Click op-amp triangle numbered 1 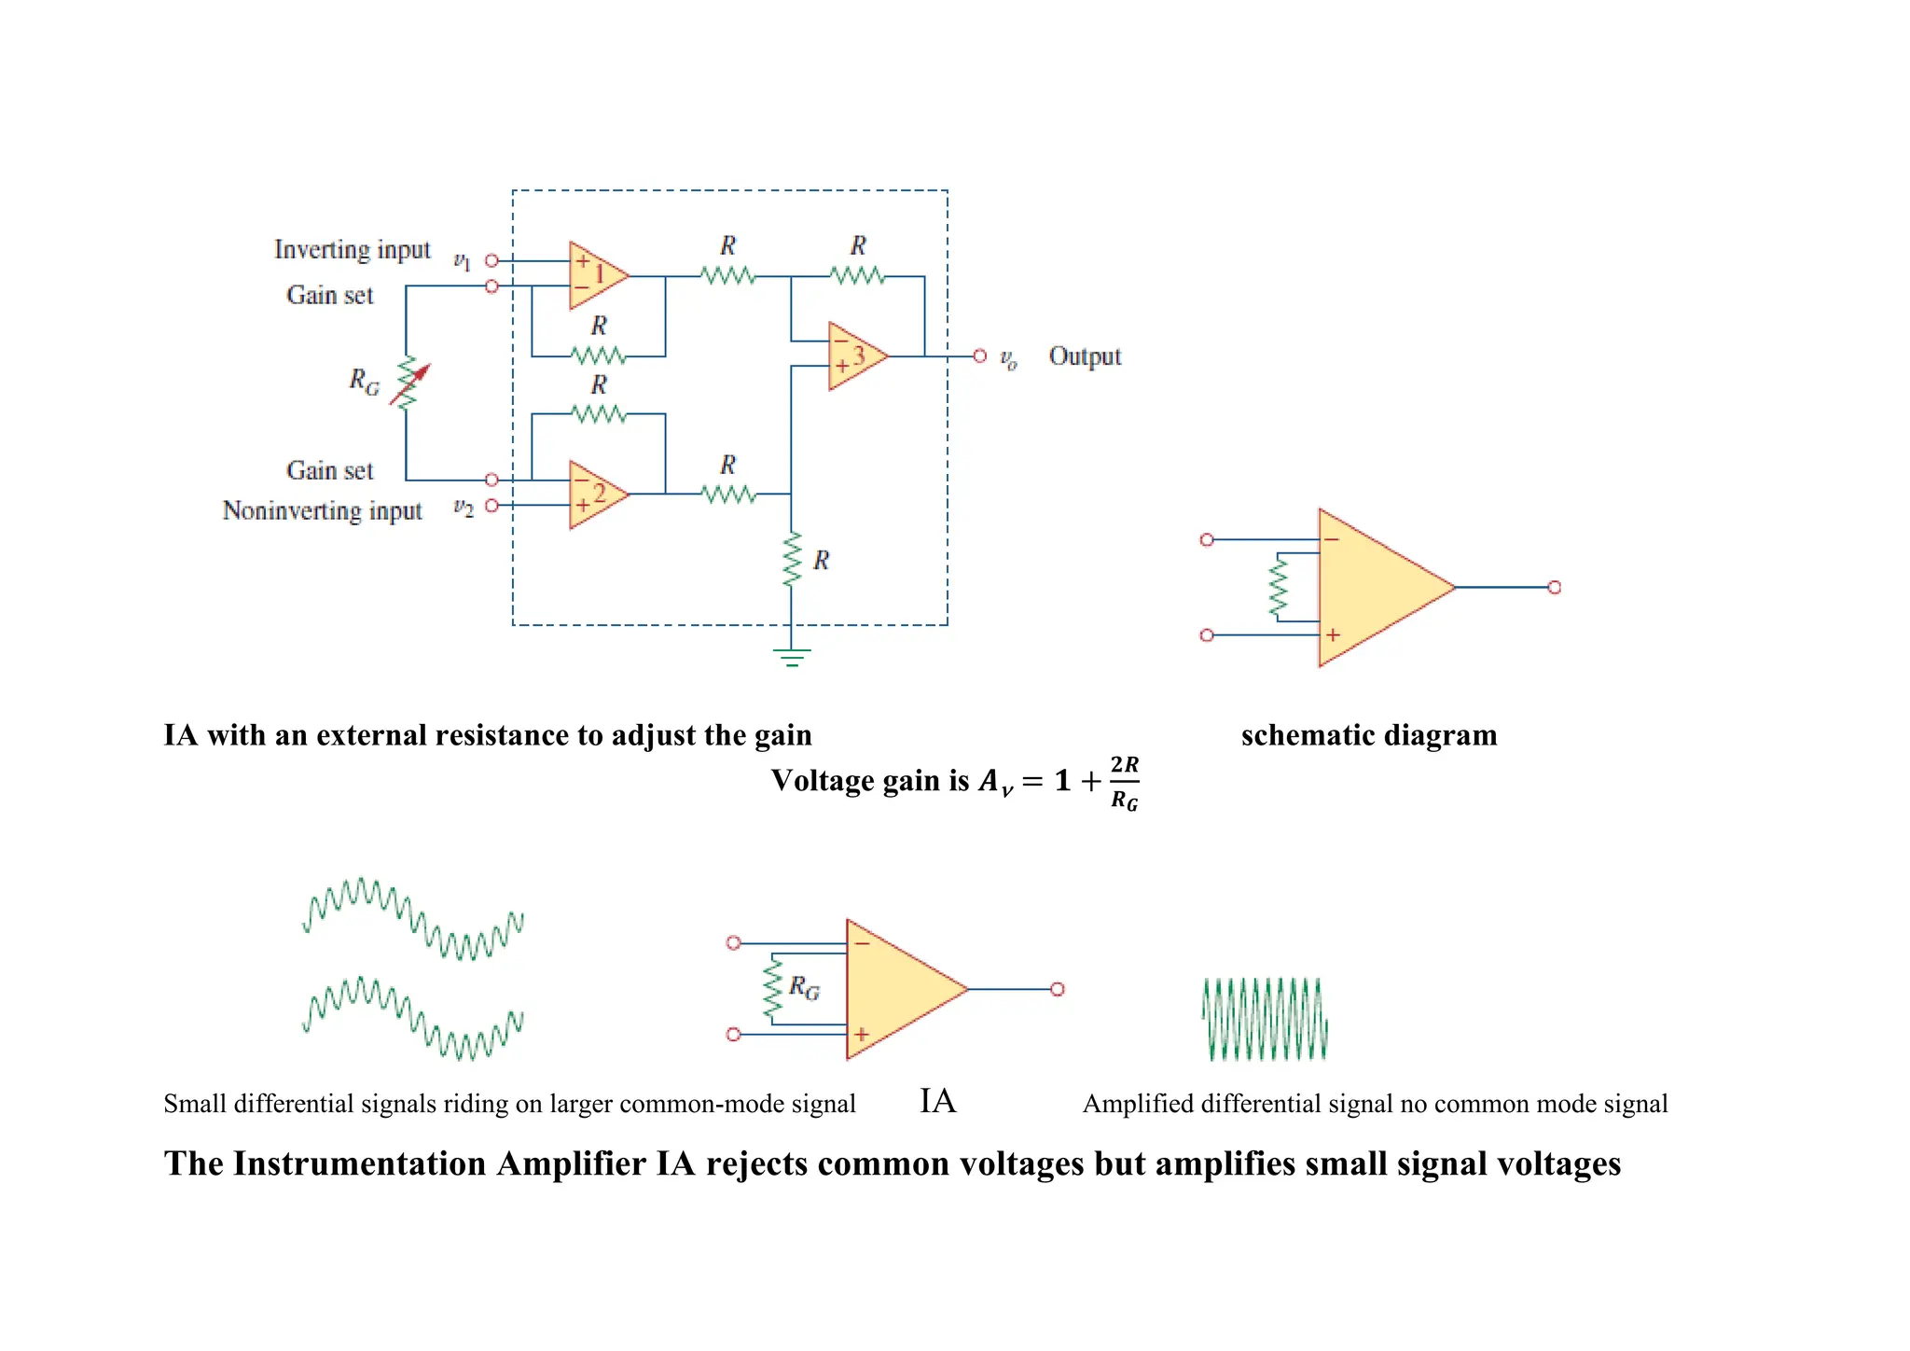[x=595, y=275]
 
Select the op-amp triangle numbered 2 [x=595, y=494]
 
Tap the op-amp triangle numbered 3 [x=854, y=355]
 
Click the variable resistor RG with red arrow [x=408, y=383]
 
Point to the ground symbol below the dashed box [x=792, y=657]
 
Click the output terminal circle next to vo [x=979, y=355]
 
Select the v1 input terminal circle [x=491, y=260]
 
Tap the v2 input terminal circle [x=491, y=506]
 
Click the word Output [x=1085, y=356]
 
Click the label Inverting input [x=352, y=250]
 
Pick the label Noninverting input [x=322, y=511]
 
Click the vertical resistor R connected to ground [x=792, y=559]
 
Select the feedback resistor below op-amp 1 [x=598, y=355]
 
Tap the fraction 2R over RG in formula [x=1125, y=783]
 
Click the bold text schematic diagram [x=1368, y=735]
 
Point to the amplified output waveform [x=1265, y=1019]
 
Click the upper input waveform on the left [x=412, y=918]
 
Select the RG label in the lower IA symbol [x=804, y=987]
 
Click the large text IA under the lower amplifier [x=937, y=1101]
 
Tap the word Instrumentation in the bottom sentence [x=360, y=1164]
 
